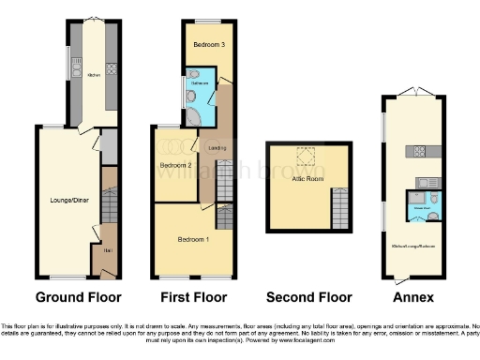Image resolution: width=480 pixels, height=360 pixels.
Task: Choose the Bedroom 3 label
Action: click(x=208, y=44)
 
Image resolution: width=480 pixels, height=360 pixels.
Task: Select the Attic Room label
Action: click(x=307, y=177)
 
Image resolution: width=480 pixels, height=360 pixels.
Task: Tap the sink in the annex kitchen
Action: click(x=424, y=182)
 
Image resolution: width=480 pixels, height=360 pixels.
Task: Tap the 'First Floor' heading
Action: click(x=194, y=298)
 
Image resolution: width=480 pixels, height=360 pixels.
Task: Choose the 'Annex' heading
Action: click(x=412, y=298)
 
